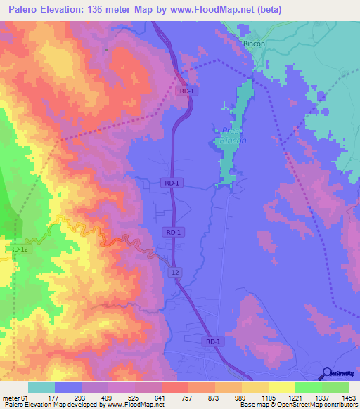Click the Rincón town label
pos(254,43)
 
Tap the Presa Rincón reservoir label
pos(233,136)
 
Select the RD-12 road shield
pos(19,249)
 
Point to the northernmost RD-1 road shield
pos(186,91)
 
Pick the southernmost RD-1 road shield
pos(213,342)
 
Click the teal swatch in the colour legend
pos(41,387)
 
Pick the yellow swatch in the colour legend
pos(255,387)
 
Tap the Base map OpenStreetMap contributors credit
pos(297,405)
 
